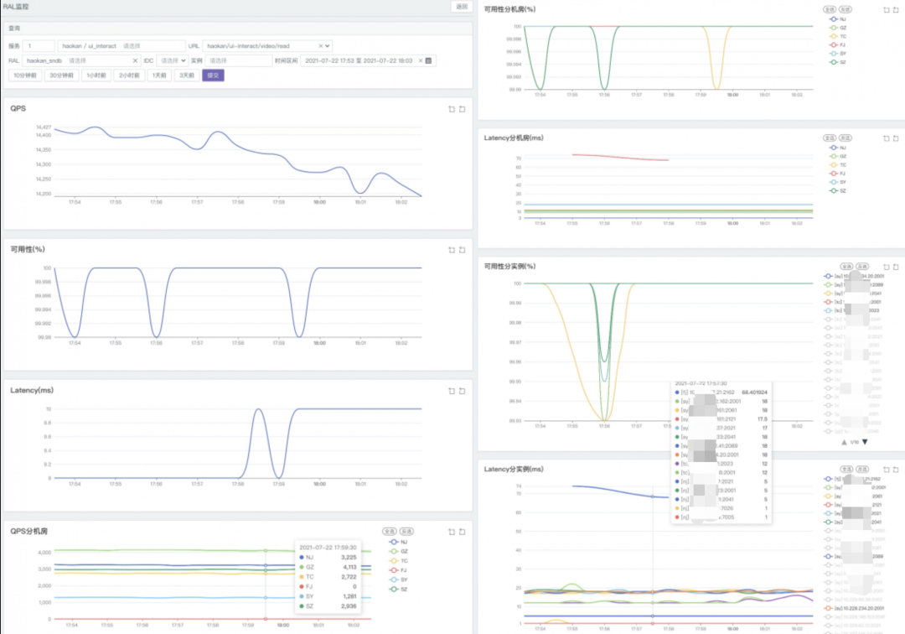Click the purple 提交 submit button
coord(213,75)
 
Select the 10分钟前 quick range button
coord(25,75)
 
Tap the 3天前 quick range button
coord(186,75)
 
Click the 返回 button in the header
coord(462,7)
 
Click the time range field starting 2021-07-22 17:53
coord(362,60)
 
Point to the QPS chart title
coord(18,108)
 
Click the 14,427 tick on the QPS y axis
coord(44,127)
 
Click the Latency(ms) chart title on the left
coord(32,390)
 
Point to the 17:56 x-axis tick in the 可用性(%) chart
coord(156,343)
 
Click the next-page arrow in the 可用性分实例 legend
coord(865,442)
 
